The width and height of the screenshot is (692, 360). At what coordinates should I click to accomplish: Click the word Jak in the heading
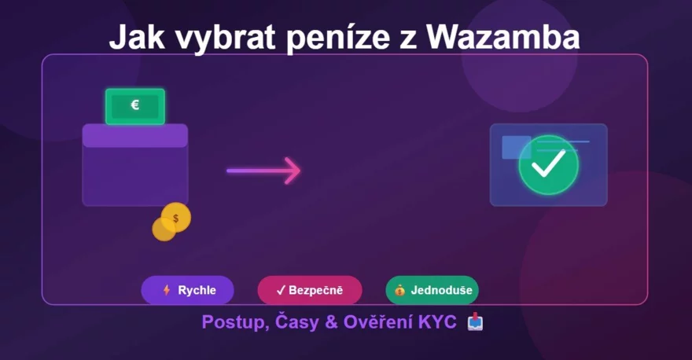132,37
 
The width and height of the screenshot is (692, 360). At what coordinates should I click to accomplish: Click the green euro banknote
135,106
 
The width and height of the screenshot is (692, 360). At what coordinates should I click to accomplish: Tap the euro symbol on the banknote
135,105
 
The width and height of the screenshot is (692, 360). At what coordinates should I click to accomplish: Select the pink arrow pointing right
263,170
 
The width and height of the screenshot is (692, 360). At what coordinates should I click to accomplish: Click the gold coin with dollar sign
175,217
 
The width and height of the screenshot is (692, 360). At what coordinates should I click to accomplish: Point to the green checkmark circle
548,164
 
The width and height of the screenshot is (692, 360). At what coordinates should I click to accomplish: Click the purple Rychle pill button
187,290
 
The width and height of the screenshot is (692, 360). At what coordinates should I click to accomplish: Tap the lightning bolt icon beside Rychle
166,290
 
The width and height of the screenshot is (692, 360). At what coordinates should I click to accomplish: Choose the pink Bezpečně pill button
310,290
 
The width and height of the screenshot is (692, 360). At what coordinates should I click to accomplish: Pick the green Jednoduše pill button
432,290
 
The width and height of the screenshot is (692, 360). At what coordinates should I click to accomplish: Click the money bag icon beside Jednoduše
400,290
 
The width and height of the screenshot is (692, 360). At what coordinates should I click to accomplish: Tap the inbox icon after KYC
475,321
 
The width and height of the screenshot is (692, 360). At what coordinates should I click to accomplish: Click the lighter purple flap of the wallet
135,135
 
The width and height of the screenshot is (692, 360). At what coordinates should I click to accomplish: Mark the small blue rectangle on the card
515,147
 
